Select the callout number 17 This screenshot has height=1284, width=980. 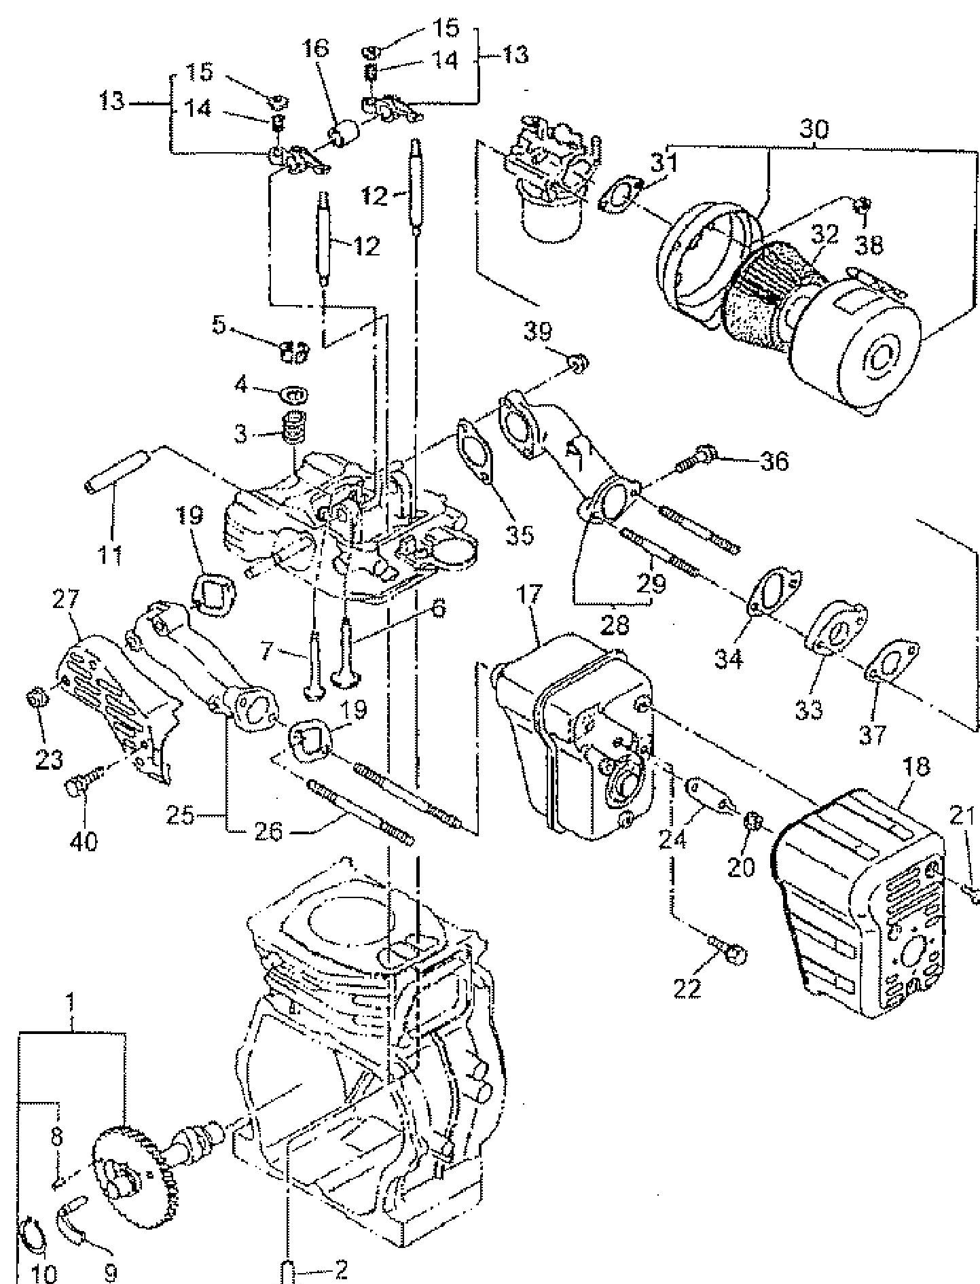(x=530, y=596)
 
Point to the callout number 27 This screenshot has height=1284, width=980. (x=66, y=600)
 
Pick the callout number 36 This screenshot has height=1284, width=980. (x=774, y=461)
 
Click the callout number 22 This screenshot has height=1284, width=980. (x=687, y=987)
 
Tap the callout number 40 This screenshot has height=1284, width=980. (x=83, y=842)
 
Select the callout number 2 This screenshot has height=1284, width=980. (x=340, y=1269)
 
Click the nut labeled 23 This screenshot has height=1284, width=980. (x=36, y=698)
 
